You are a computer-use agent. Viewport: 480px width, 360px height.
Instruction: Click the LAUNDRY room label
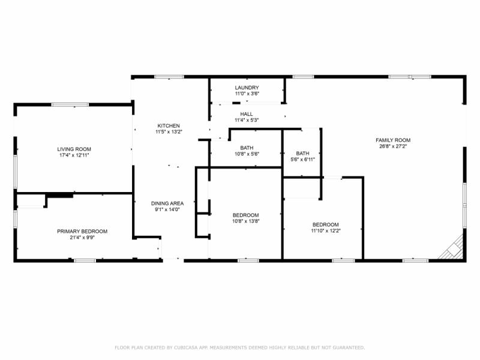point(247,88)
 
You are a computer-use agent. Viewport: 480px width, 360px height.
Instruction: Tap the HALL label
point(247,114)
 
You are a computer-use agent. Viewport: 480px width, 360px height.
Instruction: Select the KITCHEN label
point(169,126)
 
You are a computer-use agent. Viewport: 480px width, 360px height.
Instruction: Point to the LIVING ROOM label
point(74,149)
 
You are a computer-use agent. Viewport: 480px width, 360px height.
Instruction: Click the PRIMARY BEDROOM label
point(82,232)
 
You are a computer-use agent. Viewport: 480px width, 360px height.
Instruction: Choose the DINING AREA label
point(167,203)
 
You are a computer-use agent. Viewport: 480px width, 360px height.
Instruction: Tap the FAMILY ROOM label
point(393,140)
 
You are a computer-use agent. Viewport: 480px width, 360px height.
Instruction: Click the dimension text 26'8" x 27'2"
point(393,146)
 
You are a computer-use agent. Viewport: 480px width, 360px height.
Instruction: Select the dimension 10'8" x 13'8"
point(246,221)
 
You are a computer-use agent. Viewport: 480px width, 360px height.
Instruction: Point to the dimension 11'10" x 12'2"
point(326,231)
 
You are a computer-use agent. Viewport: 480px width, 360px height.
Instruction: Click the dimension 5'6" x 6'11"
point(303,160)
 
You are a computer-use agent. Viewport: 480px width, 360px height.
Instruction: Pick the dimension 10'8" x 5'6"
point(247,154)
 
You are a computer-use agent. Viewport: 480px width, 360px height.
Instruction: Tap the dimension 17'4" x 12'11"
point(74,155)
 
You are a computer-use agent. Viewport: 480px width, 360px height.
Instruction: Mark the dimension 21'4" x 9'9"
point(82,238)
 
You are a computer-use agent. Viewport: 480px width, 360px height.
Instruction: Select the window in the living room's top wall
point(70,105)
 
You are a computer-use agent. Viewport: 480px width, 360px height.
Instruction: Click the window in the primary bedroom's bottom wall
point(85,261)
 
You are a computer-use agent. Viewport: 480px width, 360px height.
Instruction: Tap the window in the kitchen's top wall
point(169,77)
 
